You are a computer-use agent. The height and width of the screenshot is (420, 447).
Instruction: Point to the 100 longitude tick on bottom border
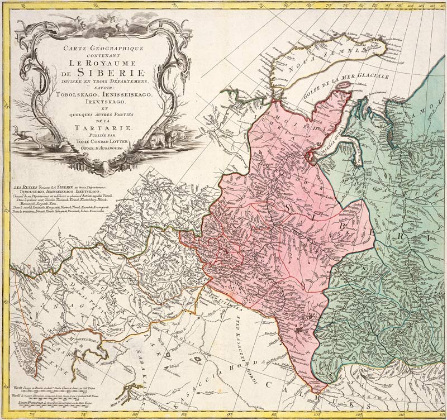click(316, 414)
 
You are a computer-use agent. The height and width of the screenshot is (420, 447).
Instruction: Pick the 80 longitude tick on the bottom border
click(184, 414)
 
